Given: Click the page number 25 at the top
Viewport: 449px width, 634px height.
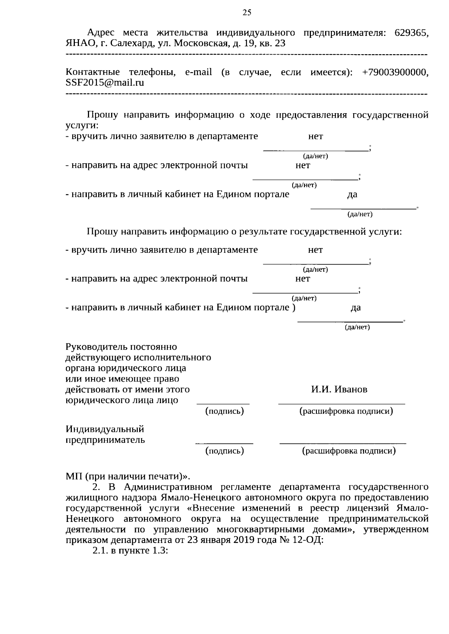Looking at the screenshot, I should tap(247, 13).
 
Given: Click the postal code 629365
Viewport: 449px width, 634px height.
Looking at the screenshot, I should tap(412, 33).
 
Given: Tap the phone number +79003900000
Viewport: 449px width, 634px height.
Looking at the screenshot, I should tap(395, 72).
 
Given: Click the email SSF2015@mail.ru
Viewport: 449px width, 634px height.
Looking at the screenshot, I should tap(105, 83).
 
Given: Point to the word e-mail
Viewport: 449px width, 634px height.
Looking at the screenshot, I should tap(198, 72).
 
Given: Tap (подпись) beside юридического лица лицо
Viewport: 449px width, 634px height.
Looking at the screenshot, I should tap(224, 411).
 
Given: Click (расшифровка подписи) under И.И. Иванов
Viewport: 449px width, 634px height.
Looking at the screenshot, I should tap(346, 411).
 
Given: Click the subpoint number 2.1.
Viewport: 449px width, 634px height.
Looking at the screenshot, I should tap(100, 551).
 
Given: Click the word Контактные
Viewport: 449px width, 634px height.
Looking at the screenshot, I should tap(92, 72).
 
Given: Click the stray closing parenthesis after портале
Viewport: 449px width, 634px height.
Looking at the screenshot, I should tap(294, 307).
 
